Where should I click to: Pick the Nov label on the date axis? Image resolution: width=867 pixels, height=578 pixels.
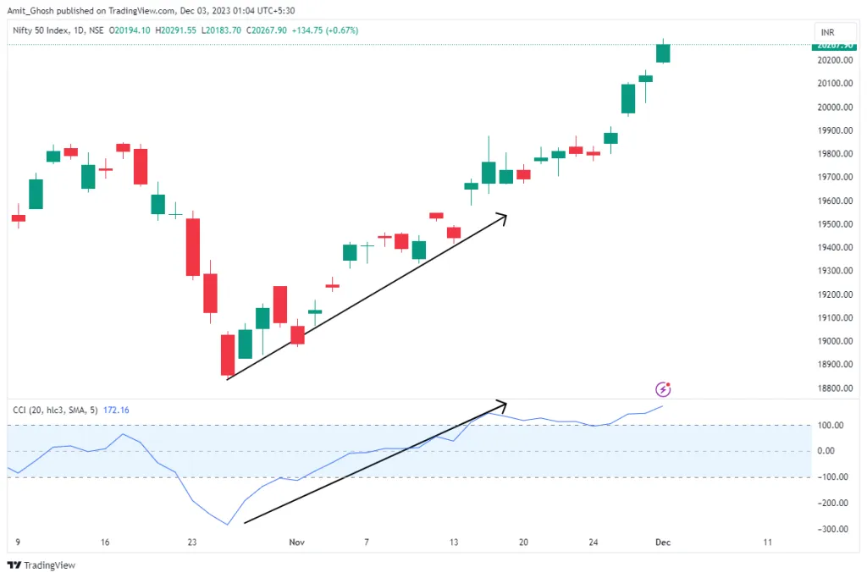click(x=296, y=542)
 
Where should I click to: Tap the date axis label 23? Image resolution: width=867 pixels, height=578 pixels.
click(x=192, y=542)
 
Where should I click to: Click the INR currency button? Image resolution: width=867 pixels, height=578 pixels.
click(x=826, y=31)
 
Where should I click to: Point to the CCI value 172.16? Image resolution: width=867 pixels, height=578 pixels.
click(x=117, y=410)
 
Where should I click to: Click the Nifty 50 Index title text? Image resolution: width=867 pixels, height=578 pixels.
click(x=43, y=30)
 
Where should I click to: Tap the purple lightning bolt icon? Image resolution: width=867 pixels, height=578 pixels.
click(x=664, y=389)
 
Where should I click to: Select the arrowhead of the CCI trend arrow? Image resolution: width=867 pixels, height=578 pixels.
click(x=502, y=402)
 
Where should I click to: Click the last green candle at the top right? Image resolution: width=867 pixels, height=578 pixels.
click(x=664, y=52)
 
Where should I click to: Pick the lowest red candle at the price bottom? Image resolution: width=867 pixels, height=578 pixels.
click(x=227, y=355)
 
